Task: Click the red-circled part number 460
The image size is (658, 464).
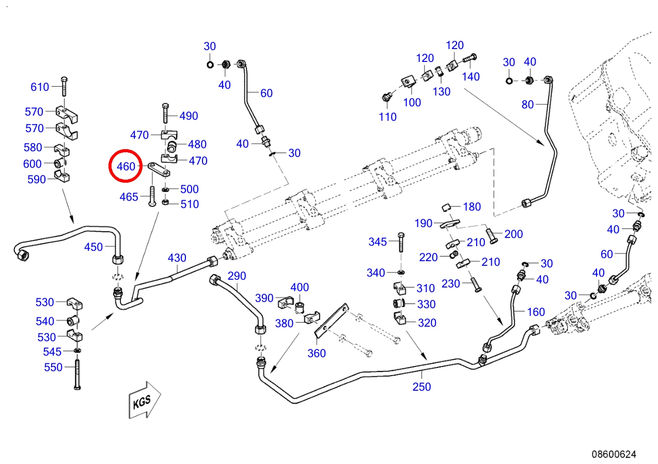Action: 126,166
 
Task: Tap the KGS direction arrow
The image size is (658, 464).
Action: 145,400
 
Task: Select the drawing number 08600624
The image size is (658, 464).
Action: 614,454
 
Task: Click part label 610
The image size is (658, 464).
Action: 40,87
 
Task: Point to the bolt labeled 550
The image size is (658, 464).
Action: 77,375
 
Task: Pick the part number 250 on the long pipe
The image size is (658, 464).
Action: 421,387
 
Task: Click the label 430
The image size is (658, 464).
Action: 177,258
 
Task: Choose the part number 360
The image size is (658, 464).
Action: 317,353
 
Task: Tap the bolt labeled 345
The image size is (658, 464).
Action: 401,242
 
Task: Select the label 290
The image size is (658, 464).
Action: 237,276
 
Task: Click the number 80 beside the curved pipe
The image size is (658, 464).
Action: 527,104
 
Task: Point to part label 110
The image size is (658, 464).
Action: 388,117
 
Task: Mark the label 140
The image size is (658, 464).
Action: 471,76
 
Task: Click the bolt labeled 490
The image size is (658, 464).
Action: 165,113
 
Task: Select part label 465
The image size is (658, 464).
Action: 129,197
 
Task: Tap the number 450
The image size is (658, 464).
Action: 93,247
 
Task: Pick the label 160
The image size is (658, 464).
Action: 536,312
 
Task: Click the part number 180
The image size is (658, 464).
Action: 472,206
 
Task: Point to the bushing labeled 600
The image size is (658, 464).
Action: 59,163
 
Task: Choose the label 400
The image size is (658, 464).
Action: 300,287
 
